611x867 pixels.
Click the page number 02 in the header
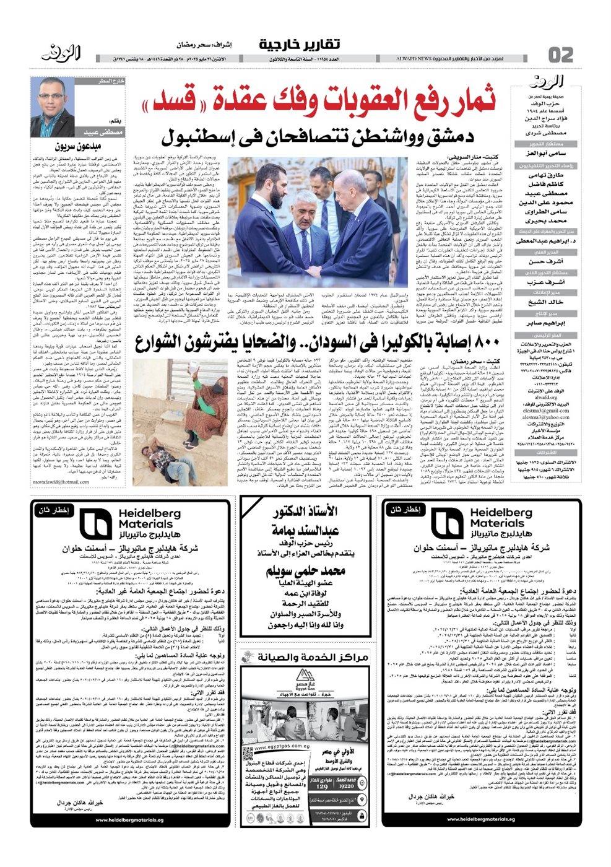point(561,55)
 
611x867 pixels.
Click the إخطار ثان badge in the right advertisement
point(405,510)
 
